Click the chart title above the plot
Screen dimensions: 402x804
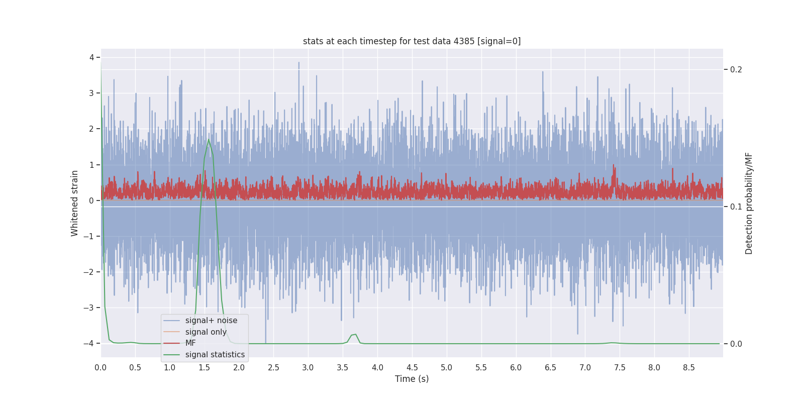point(412,41)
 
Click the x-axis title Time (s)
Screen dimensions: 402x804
point(412,379)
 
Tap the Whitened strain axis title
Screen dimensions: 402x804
point(75,203)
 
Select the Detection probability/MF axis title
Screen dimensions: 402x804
point(749,203)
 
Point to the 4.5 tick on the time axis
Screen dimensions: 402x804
point(412,368)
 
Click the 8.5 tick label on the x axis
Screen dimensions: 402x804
point(689,368)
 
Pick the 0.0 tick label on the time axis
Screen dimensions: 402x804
point(100,368)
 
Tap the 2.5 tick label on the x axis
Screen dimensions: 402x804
point(273,368)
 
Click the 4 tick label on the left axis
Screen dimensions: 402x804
point(91,57)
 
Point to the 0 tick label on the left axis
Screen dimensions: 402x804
point(91,200)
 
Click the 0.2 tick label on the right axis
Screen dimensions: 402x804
point(736,69)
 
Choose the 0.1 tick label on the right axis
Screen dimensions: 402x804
point(736,207)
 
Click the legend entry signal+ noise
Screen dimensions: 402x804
point(211,321)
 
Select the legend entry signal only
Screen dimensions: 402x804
point(206,332)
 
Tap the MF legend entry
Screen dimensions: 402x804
point(190,343)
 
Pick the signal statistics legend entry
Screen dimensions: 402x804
point(215,355)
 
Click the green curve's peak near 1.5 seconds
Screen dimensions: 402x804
point(209,139)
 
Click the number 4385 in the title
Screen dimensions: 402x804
point(464,41)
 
